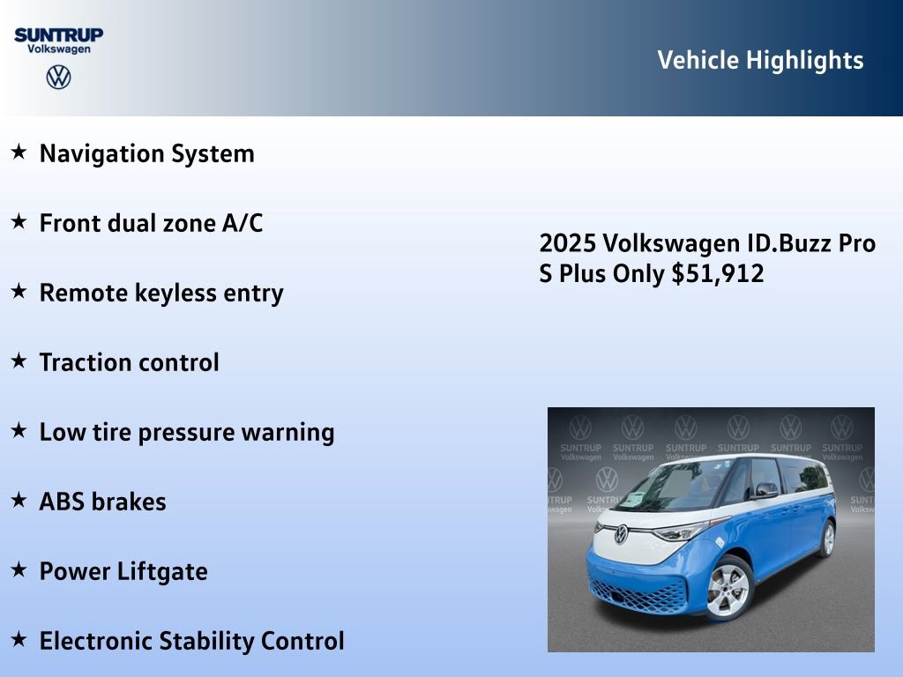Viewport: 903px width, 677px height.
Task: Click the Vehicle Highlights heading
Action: pyautogui.click(x=760, y=60)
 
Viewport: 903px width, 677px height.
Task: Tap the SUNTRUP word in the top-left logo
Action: pyautogui.click(x=58, y=35)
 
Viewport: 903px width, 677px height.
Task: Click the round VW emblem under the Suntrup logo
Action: pyautogui.click(x=58, y=78)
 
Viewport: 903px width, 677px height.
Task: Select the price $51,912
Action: pyautogui.click(x=718, y=273)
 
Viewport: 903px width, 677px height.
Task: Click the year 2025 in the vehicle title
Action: pyautogui.click(x=563, y=243)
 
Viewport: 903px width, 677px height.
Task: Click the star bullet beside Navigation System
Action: pyautogui.click(x=19, y=153)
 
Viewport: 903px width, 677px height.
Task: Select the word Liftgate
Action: pyautogui.click(x=166, y=571)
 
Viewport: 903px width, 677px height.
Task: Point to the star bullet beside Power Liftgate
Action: pyautogui.click(x=19, y=570)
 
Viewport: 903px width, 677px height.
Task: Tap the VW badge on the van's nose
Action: pyautogui.click(x=621, y=533)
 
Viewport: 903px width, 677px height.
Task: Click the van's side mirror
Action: pyautogui.click(x=765, y=490)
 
